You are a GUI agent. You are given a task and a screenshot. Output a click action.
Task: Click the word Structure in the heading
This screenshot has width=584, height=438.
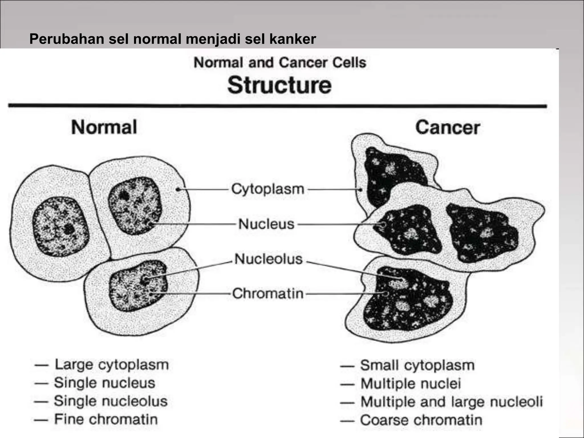(x=279, y=85)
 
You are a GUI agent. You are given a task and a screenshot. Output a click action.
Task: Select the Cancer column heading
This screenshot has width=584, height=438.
(x=448, y=127)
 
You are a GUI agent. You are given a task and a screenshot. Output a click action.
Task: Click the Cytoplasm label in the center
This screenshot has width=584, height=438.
(x=268, y=189)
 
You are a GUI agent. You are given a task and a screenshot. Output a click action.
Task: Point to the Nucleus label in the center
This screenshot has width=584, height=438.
(x=266, y=224)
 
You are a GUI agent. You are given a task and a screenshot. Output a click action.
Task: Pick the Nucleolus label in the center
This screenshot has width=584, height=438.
(x=268, y=259)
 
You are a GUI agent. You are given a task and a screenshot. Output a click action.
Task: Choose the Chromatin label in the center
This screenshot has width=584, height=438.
(x=268, y=293)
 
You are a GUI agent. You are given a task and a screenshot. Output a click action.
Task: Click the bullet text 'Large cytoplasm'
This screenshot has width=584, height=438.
(x=112, y=365)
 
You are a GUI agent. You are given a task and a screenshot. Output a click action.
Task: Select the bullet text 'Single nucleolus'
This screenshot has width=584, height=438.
(x=111, y=401)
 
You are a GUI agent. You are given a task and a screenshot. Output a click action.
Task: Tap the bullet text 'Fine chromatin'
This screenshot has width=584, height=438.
(x=106, y=419)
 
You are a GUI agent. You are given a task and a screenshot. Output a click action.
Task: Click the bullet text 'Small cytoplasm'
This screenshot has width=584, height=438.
(x=417, y=366)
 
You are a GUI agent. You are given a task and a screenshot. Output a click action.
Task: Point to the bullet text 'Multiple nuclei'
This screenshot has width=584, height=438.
(x=411, y=384)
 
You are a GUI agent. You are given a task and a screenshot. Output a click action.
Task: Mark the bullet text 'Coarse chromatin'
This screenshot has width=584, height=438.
(x=421, y=420)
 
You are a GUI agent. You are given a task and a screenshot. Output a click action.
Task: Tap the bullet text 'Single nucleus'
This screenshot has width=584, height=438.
(x=105, y=383)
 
